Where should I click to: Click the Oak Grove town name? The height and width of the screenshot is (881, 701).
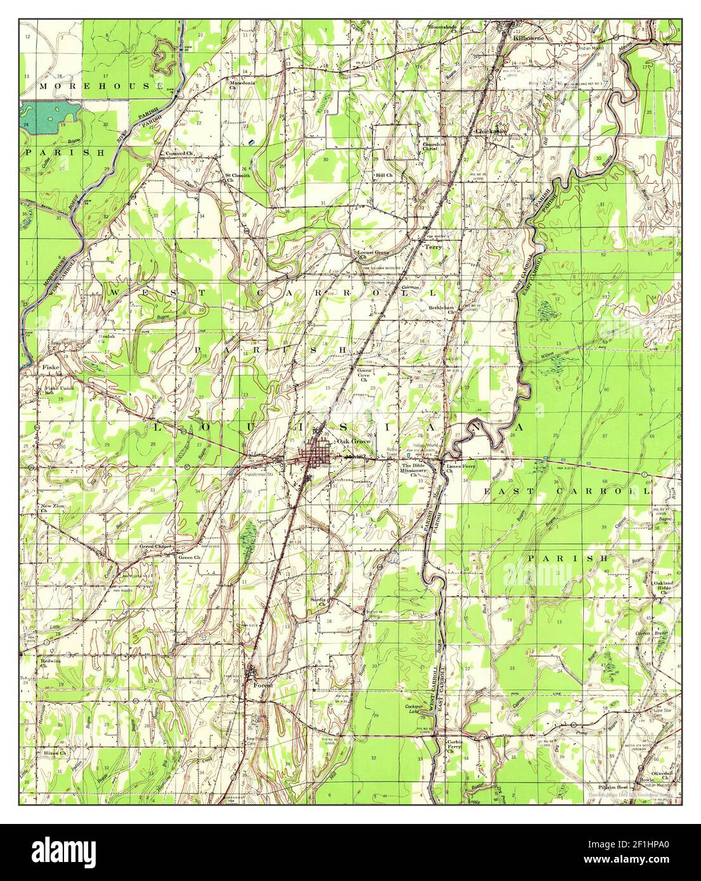[353, 441]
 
